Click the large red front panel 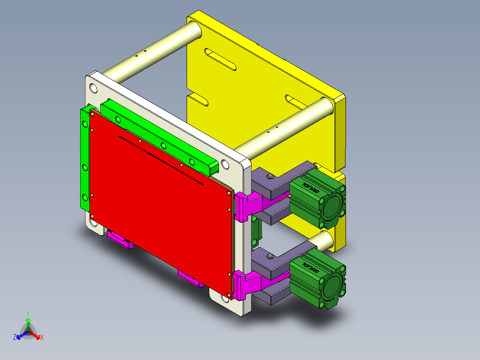[x=160, y=200]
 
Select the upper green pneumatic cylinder [x=312, y=196]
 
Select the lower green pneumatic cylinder [x=312, y=278]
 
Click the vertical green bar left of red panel [x=85, y=160]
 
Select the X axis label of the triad [x=42, y=337]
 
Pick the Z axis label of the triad [x=15, y=337]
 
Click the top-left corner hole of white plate [x=94, y=88]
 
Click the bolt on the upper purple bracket [x=270, y=177]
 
